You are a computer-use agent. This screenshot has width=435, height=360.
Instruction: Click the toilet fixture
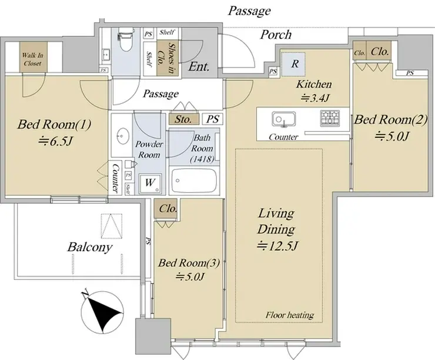(125, 39)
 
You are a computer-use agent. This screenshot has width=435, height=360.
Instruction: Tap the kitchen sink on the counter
(283, 119)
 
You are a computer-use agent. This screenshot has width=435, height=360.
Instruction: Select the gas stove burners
(330, 118)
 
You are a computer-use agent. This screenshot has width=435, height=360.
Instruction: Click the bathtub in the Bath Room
(194, 181)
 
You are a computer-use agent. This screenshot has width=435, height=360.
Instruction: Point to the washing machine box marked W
(150, 183)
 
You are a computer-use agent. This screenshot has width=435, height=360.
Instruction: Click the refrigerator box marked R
(294, 64)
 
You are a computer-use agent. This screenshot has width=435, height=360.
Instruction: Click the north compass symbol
(102, 312)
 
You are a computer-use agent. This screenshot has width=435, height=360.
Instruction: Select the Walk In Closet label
(32, 59)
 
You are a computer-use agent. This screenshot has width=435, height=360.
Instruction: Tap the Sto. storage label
(183, 119)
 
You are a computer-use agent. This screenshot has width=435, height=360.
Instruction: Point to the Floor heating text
(290, 315)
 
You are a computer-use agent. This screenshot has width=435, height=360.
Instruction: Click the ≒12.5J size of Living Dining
(277, 246)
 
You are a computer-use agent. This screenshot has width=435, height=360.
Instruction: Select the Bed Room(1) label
(54, 124)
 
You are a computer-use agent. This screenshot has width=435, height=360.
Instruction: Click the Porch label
(276, 35)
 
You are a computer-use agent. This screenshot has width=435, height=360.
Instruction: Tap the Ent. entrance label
(199, 67)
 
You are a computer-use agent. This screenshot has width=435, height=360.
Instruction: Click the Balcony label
(89, 247)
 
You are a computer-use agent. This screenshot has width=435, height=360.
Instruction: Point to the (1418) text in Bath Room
(202, 159)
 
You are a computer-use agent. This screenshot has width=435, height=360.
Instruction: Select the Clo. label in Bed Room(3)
(168, 208)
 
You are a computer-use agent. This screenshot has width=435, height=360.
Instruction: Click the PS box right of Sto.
(213, 119)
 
